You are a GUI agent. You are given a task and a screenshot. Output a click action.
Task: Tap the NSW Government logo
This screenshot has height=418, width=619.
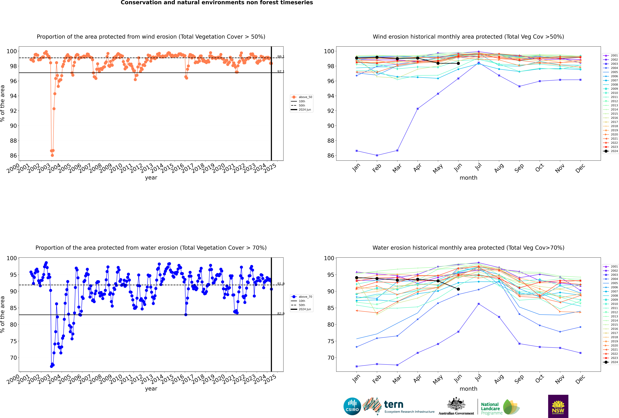558,406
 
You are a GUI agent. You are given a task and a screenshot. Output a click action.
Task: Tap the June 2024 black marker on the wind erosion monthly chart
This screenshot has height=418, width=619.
458,63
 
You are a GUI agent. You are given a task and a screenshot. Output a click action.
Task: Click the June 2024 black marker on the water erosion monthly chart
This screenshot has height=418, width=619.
458,289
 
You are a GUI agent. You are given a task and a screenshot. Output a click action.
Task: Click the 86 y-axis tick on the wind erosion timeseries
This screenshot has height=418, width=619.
13,156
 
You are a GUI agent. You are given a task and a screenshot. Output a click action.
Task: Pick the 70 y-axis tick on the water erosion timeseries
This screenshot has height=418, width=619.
13,358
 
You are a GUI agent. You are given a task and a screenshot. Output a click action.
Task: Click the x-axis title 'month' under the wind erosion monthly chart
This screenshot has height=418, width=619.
468,178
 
